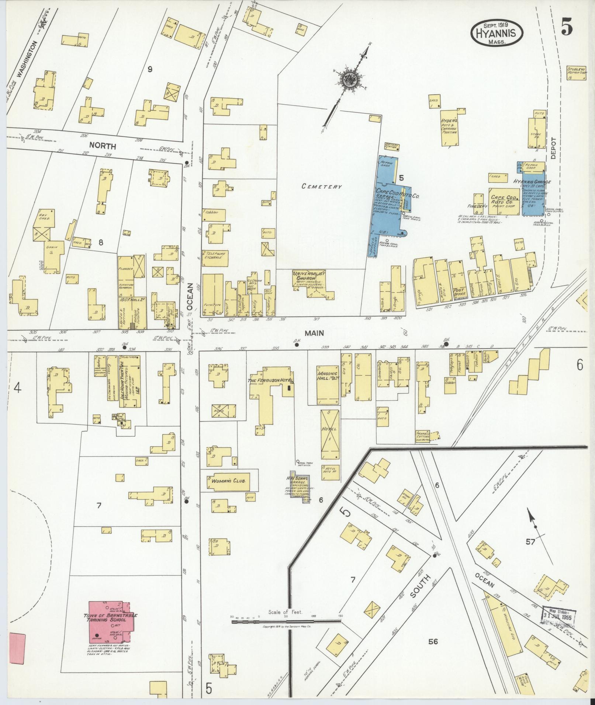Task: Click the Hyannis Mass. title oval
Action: tap(497, 33)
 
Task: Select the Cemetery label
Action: tap(322, 186)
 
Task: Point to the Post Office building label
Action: tap(459, 291)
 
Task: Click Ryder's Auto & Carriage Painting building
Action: tap(449, 127)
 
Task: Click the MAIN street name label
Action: tap(314, 333)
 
